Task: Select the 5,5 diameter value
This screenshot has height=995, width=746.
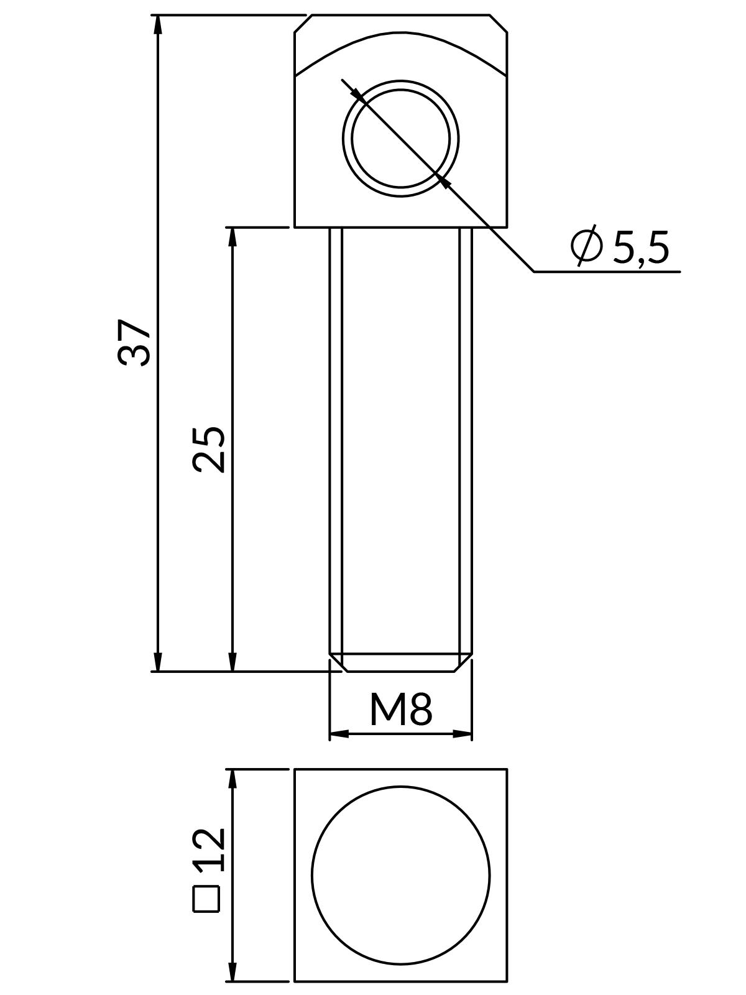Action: click(641, 248)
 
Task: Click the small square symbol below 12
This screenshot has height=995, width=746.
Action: click(207, 899)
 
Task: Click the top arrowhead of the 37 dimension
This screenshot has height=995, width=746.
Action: click(158, 25)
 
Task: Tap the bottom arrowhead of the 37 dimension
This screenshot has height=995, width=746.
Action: click(158, 662)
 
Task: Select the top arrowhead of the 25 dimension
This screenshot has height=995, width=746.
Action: click(233, 238)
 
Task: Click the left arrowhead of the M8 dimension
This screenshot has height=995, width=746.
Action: click(339, 734)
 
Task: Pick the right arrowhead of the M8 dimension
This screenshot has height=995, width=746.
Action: click(463, 734)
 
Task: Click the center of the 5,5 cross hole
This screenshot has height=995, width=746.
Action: click(401, 138)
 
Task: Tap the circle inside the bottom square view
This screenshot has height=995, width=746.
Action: click(401, 876)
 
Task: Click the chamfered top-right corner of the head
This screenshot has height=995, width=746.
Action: click(499, 23)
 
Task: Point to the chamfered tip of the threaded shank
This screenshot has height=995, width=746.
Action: click(401, 663)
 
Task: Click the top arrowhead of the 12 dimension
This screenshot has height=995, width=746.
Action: click(233, 780)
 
